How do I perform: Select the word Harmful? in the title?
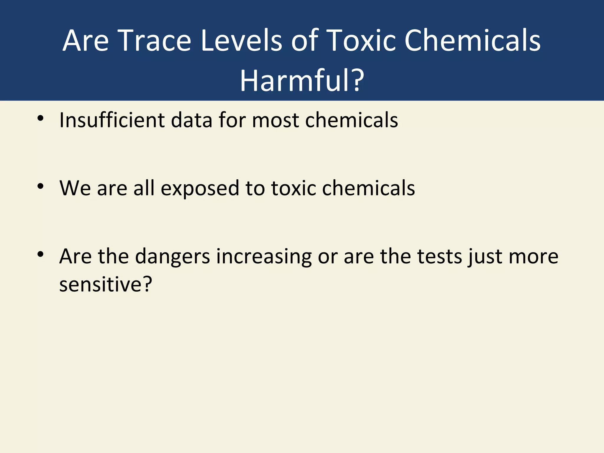pyautogui.click(x=302, y=81)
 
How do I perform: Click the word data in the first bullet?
pyautogui.click(x=191, y=120)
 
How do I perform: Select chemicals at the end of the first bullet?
pyautogui.click(x=352, y=120)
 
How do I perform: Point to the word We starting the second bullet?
pyautogui.click(x=75, y=188)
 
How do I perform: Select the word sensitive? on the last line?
pyautogui.click(x=106, y=284)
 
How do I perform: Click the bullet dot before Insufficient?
pyautogui.click(x=40, y=119)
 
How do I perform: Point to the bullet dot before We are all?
pyautogui.click(x=40, y=186)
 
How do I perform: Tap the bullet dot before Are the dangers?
pyautogui.click(x=40, y=254)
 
